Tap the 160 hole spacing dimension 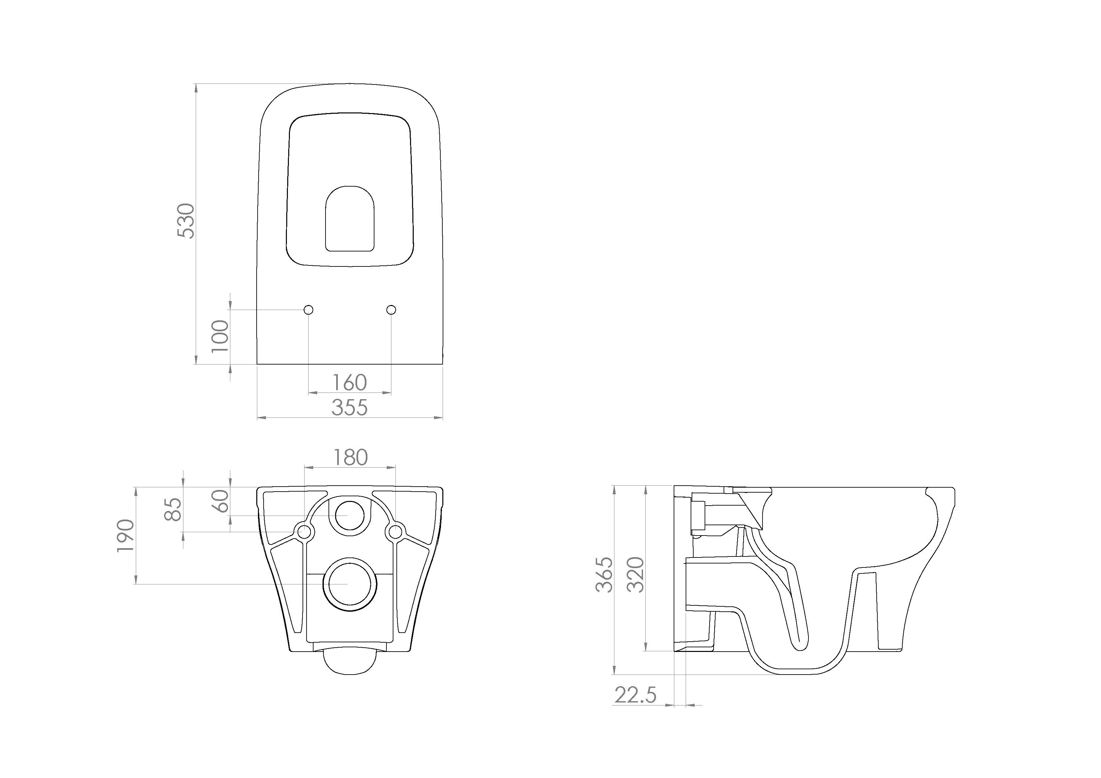[x=349, y=383]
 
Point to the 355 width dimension [x=349, y=407]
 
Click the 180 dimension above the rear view [x=350, y=457]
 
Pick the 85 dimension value [x=173, y=509]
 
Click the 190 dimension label [x=125, y=536]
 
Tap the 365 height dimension [x=605, y=575]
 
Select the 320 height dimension [x=635, y=575]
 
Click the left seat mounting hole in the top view [x=309, y=310]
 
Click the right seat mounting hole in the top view [x=391, y=310]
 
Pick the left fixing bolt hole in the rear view [x=304, y=532]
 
